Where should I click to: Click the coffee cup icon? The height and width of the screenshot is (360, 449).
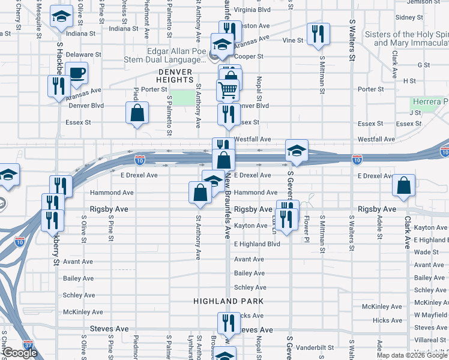(76, 74)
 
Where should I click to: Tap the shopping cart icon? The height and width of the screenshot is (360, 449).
(228, 90)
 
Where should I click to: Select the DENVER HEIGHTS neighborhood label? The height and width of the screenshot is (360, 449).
(175, 75)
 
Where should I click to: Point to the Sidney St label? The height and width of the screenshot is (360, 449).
(409, 17)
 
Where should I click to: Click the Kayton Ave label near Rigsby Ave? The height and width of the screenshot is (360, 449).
(251, 226)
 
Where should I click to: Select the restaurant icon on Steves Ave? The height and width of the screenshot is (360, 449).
(228, 323)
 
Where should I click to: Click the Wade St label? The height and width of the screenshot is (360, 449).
(426, 253)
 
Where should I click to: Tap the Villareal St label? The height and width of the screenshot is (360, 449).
(430, 340)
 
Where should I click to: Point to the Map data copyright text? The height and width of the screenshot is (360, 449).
(412, 355)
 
